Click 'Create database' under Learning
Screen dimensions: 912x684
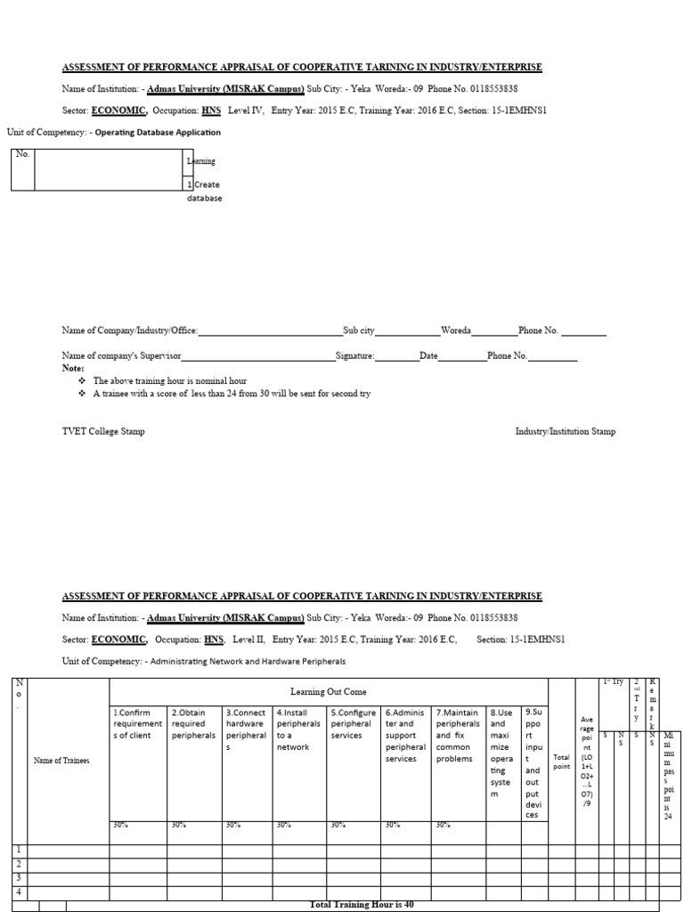(x=204, y=191)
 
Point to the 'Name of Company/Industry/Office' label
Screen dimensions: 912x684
(x=129, y=330)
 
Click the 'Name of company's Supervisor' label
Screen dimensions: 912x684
(x=121, y=355)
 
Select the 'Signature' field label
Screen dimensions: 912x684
(x=354, y=355)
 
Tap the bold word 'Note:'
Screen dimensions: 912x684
(x=73, y=368)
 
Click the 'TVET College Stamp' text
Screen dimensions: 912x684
(x=103, y=431)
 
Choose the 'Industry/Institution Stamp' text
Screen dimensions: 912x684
(x=565, y=431)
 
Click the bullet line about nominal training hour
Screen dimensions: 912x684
(x=169, y=380)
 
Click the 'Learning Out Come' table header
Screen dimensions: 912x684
(x=328, y=691)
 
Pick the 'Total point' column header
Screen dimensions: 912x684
(x=561, y=761)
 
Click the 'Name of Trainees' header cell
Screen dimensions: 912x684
(x=62, y=760)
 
